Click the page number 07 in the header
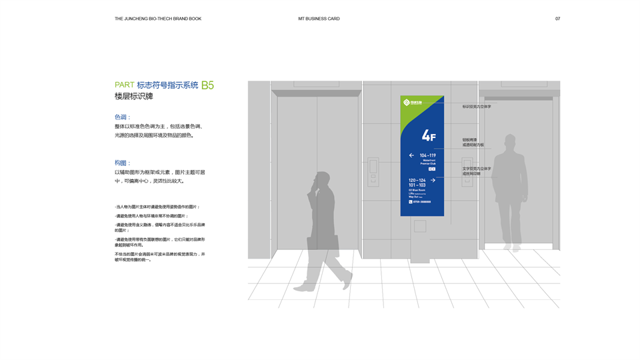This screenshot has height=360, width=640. coord(557,19)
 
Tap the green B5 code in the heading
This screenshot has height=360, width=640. coord(207,85)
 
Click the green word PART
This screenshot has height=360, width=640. coord(125,85)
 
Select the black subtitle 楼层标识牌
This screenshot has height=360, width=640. coord(134,97)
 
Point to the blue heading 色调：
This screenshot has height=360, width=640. coord(123,117)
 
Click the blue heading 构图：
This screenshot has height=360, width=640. coord(123,163)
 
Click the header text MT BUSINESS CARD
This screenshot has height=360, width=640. coord(319,19)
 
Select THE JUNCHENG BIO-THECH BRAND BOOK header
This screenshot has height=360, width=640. coord(158,19)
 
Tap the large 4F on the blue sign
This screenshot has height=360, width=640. coord(428,136)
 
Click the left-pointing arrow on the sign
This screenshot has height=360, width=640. coord(412,155)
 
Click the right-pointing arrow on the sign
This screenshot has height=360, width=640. coord(433,180)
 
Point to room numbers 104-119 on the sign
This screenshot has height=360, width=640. coord(427,155)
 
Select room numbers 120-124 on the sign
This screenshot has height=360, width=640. coord(417,180)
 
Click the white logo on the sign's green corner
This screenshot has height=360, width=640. coord(407,103)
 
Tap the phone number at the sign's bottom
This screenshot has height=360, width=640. coord(422,201)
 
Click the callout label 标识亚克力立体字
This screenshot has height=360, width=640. coord(477,107)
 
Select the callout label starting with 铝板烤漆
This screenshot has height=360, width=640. coord(470,140)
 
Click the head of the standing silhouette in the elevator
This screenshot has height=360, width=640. coord(510,142)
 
